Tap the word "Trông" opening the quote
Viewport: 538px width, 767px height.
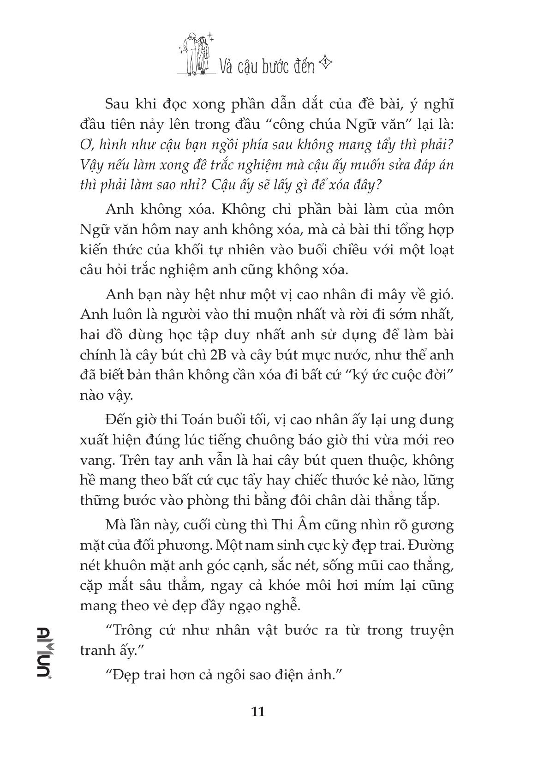(x=133, y=630)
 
